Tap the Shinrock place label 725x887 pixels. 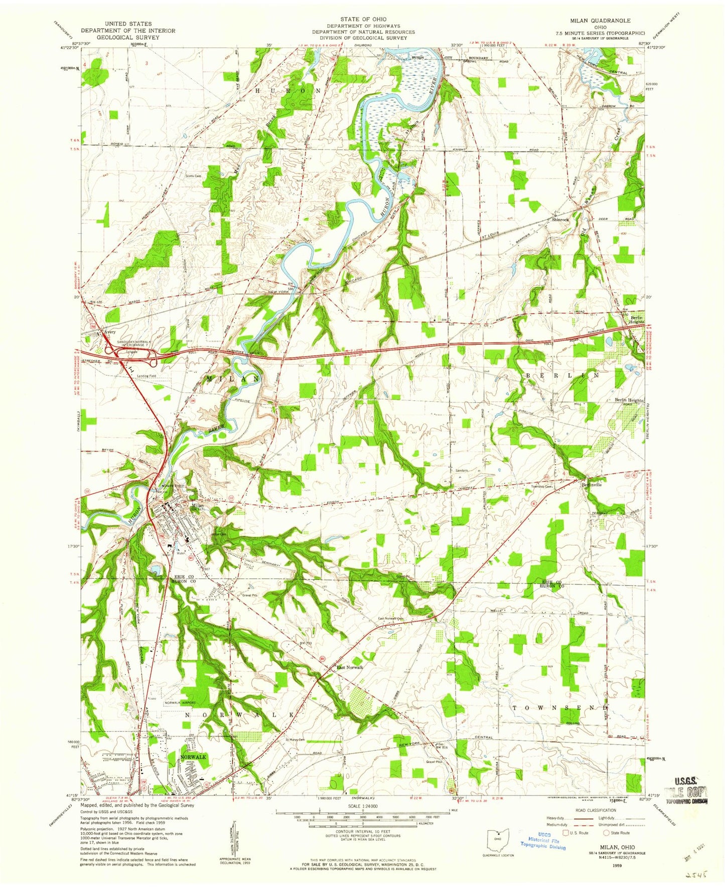pyautogui.click(x=560, y=220)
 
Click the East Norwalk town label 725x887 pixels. pyautogui.click(x=350, y=667)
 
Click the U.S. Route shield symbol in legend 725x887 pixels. pyautogui.click(x=567, y=833)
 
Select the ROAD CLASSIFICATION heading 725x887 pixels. pyautogui.click(x=595, y=810)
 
